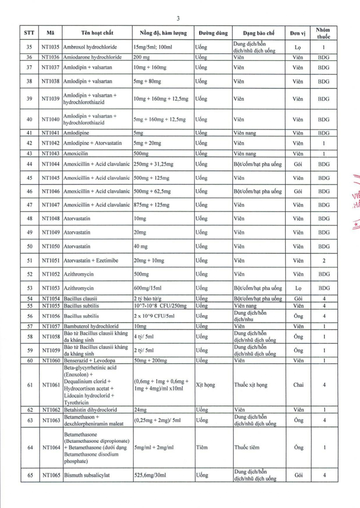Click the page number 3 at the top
178,18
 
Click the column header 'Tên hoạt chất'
97,33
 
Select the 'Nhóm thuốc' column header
323,33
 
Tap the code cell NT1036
50,57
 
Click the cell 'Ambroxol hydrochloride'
91,47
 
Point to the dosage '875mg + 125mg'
152,205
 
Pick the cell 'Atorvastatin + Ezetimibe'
91,261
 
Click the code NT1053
50,288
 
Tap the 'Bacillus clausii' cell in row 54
81,299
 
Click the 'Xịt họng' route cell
206,385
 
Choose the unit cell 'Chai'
298,385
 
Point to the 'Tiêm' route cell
202,448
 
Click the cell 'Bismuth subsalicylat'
87,475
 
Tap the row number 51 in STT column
30,261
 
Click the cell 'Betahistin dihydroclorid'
90,410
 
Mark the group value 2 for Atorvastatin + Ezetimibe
323,261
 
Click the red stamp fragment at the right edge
354,198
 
